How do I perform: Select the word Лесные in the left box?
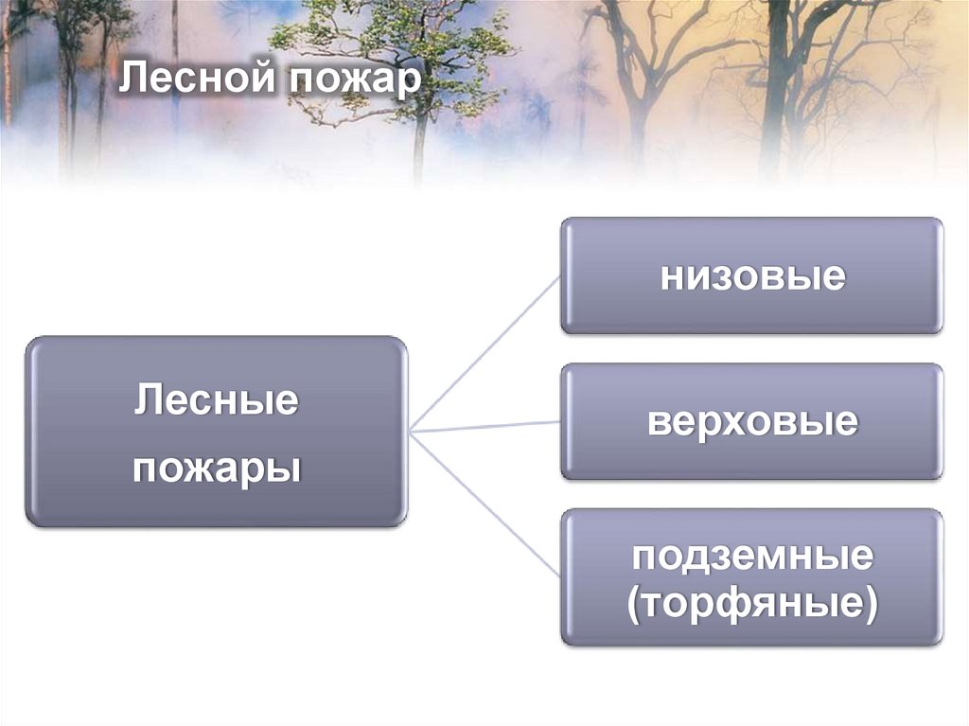pos(217,400)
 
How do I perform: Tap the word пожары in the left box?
pos(217,469)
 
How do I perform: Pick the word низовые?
pos(752,277)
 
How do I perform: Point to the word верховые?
pos(752,422)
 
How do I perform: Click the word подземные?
pos(752,556)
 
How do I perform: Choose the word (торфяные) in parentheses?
pos(752,602)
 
